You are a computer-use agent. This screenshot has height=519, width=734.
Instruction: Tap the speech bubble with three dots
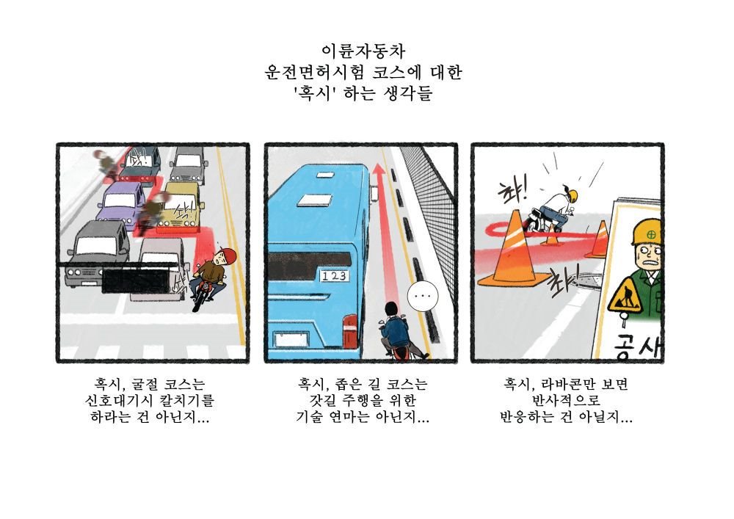tap(423, 296)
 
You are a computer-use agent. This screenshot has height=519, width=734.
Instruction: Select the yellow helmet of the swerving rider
tap(572, 195)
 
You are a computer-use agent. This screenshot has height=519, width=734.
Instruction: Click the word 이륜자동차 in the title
tap(363, 51)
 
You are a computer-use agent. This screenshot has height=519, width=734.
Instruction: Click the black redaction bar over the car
tap(135, 281)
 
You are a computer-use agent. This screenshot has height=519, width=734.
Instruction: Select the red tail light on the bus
tap(349, 331)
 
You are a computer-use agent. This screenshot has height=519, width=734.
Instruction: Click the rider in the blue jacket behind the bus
tap(394, 327)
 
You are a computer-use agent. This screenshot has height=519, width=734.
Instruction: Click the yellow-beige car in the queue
tap(180, 207)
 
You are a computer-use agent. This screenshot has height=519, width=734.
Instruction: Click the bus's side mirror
tap(374, 192)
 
